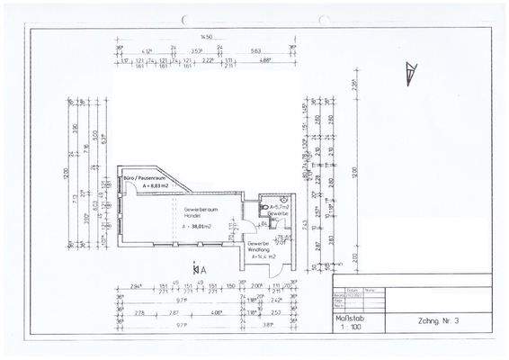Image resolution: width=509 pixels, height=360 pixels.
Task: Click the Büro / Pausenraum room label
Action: [142, 178]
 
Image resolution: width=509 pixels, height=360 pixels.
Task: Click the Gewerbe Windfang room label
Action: [259, 245]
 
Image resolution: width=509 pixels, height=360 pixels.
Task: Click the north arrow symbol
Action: [410, 72]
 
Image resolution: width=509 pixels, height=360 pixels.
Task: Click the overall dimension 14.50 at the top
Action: [206, 37]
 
